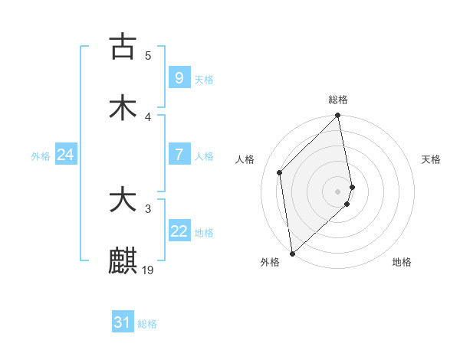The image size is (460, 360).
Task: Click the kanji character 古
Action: (123, 47)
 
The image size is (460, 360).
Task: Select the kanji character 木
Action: (123, 108)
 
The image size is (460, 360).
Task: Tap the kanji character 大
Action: (123, 200)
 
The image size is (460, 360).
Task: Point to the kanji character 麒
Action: (123, 261)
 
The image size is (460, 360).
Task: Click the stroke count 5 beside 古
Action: (148, 55)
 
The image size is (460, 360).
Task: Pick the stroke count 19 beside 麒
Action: (148, 270)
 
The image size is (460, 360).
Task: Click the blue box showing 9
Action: (179, 77)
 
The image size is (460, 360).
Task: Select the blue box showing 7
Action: (179, 154)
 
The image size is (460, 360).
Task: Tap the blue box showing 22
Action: (179, 231)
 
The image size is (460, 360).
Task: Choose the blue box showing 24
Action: (65, 155)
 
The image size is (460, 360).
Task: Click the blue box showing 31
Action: (123, 322)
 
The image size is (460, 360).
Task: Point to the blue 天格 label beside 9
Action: (203, 79)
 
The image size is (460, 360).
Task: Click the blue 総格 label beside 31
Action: (147, 324)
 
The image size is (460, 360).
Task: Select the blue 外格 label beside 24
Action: (41, 155)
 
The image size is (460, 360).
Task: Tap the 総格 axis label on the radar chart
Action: (338, 100)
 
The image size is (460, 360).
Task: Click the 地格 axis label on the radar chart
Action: (402, 262)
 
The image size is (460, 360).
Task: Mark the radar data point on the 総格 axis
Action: (338, 116)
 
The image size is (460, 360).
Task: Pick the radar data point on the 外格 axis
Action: (292, 253)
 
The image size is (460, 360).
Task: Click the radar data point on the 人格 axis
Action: (280, 172)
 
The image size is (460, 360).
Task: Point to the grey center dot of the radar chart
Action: (338, 191)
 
